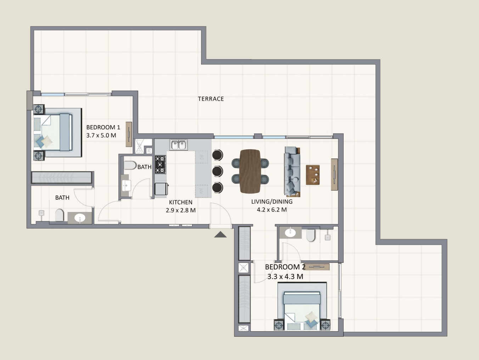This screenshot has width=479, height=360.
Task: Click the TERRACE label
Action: (211, 99)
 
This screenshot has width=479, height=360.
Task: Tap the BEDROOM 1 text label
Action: (103, 127)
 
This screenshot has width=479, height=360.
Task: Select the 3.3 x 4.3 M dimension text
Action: (285, 277)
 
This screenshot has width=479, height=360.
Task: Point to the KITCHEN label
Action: (181, 202)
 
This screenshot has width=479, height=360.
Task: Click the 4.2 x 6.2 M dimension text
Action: (272, 210)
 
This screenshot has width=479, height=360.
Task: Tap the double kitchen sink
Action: (179, 145)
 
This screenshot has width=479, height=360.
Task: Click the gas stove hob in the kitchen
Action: (160, 164)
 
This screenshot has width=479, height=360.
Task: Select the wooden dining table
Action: (250, 171)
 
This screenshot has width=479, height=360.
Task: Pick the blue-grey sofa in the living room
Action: (292, 172)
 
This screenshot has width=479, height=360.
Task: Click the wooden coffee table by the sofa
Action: (313, 175)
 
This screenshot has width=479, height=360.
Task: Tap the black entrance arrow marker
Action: (220, 234)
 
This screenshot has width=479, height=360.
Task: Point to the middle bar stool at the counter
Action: (218, 171)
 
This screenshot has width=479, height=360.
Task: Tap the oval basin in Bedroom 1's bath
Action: (80, 218)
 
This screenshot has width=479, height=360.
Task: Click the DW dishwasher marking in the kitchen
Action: (202, 157)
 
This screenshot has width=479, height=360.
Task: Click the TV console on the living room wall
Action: (334, 175)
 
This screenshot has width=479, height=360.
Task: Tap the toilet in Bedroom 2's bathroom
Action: (310, 235)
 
